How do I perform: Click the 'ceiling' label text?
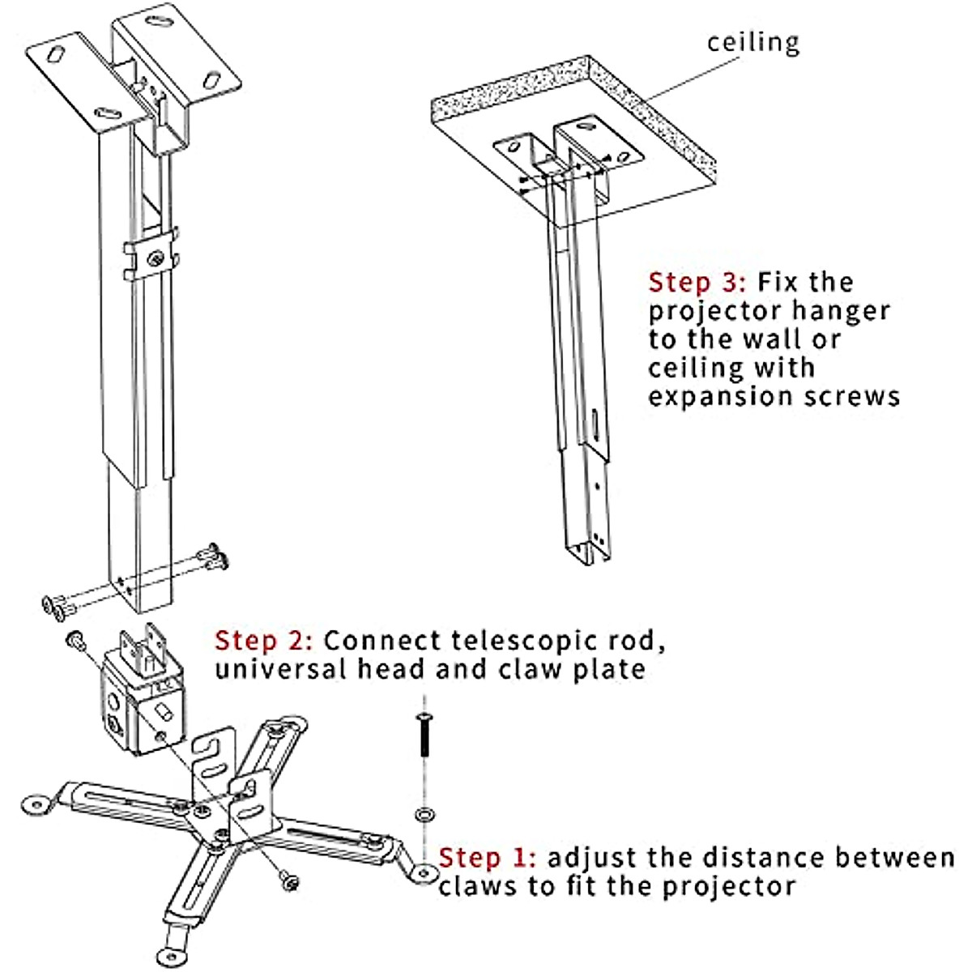[x=752, y=42]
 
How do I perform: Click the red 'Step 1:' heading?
[x=487, y=858]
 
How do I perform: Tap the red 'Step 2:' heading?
[x=263, y=641]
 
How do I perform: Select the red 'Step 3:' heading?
[x=697, y=283]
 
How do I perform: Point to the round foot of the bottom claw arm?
[x=170, y=955]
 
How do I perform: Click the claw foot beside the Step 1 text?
[x=423, y=872]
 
